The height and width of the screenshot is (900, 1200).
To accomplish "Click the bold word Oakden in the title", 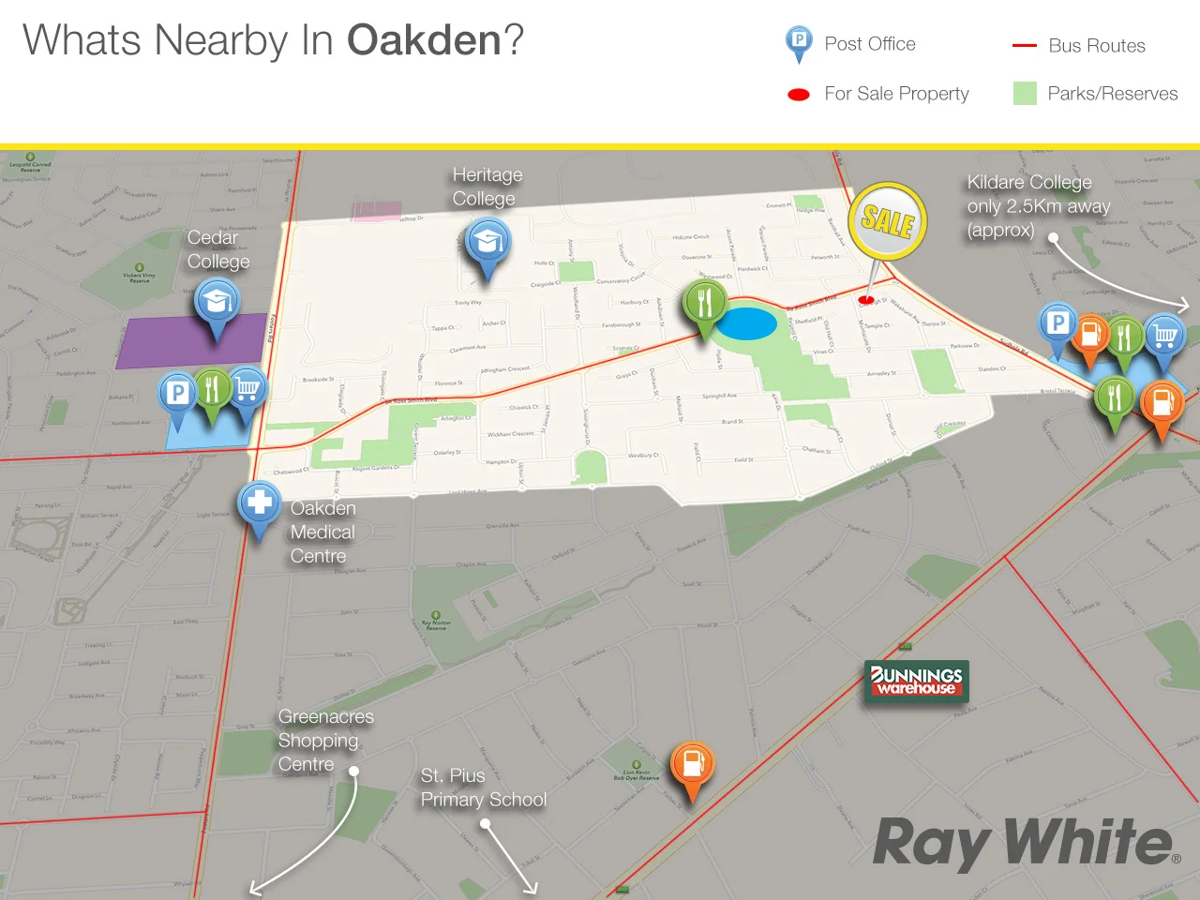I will pyautogui.click(x=424, y=41).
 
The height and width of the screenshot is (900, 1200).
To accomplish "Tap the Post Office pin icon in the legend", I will pyautogui.click(x=798, y=43).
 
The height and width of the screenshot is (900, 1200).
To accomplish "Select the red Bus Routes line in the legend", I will pyautogui.click(x=1024, y=45).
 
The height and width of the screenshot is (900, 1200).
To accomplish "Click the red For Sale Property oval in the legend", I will pyautogui.click(x=799, y=95).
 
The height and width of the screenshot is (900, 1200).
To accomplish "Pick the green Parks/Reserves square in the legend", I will pyautogui.click(x=1025, y=93).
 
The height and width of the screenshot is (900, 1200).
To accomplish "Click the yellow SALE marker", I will pyautogui.click(x=887, y=221).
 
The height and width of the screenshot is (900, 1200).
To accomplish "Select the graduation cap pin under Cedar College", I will pyautogui.click(x=217, y=303).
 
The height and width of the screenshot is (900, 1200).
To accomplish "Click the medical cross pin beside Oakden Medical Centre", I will pyautogui.click(x=260, y=503).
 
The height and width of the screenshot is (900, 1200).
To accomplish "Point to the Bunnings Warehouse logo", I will pyautogui.click(x=916, y=682).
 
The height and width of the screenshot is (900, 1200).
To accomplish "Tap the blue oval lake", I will pyautogui.click(x=746, y=324).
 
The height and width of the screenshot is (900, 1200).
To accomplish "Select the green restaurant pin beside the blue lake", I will pyautogui.click(x=705, y=304).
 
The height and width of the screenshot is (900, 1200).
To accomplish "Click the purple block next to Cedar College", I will pyautogui.click(x=191, y=342).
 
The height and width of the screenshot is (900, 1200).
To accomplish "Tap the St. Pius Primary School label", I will pyautogui.click(x=483, y=787).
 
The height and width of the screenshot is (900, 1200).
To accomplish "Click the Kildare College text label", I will pyautogui.click(x=1038, y=205).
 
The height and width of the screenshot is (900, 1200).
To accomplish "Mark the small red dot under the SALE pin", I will pyautogui.click(x=866, y=300).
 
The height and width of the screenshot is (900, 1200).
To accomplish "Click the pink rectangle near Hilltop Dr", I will pyautogui.click(x=376, y=211).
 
